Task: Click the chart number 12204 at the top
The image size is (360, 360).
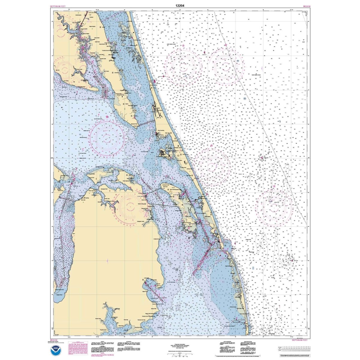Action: click(x=180, y=5)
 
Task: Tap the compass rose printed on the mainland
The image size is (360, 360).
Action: click(x=130, y=206)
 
